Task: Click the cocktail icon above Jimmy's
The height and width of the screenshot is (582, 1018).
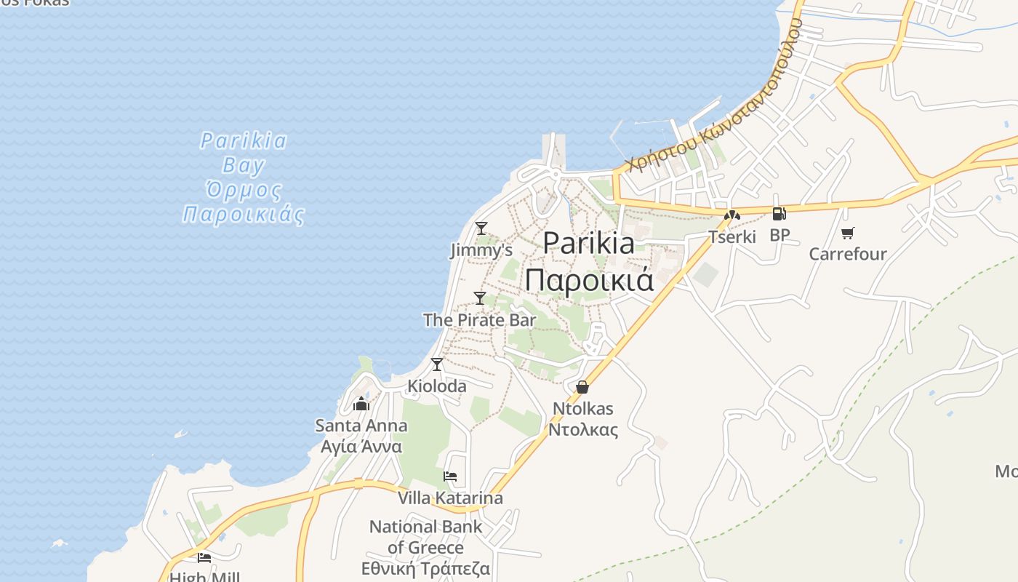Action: (x=481, y=228)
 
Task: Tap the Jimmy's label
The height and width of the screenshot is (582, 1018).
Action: (x=481, y=250)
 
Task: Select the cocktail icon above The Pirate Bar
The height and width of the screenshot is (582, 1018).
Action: (x=480, y=298)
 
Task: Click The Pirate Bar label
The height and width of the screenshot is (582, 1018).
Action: (x=480, y=320)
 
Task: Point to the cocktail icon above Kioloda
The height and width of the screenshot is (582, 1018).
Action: (x=437, y=364)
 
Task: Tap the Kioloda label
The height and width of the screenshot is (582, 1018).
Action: (x=437, y=386)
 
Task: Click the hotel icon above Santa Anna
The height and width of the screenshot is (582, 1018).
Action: (x=361, y=404)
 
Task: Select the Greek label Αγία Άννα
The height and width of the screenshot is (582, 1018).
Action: (x=361, y=446)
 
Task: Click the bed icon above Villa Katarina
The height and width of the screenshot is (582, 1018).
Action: (x=450, y=477)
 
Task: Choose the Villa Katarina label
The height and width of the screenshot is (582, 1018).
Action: (x=450, y=498)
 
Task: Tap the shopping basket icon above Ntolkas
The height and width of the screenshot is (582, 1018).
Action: (x=582, y=387)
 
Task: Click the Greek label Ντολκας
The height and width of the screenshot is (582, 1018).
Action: (x=583, y=429)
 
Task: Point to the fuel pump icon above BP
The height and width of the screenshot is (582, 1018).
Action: (x=779, y=214)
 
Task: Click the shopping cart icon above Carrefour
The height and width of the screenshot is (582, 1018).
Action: (x=847, y=233)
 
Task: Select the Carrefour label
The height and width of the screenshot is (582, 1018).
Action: (x=848, y=254)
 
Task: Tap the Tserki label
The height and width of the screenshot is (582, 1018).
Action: (x=732, y=236)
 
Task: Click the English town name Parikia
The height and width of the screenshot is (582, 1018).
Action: (x=588, y=243)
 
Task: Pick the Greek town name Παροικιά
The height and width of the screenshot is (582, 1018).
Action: (x=589, y=280)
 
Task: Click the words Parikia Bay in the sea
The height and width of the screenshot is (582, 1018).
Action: (x=244, y=153)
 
